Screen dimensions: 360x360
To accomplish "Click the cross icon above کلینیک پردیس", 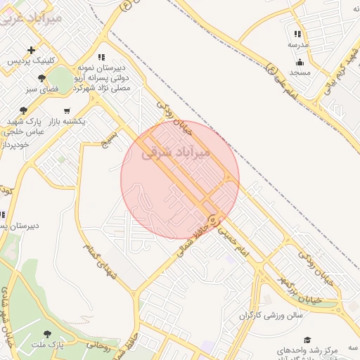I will [x=31, y=50].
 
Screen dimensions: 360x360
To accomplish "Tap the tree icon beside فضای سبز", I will [x=42, y=78].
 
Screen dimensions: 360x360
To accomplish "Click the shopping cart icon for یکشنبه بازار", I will [x=67, y=110].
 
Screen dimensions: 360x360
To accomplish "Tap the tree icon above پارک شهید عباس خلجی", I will [x=24, y=110].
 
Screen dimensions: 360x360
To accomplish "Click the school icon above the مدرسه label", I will [x=298, y=34].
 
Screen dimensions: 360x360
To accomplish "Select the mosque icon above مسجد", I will [x=300, y=62].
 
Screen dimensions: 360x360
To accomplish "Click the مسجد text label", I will [x=300, y=72].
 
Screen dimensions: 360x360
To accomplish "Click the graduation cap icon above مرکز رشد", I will [x=307, y=340].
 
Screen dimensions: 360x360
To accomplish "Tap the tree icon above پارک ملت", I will [x=48, y=334].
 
